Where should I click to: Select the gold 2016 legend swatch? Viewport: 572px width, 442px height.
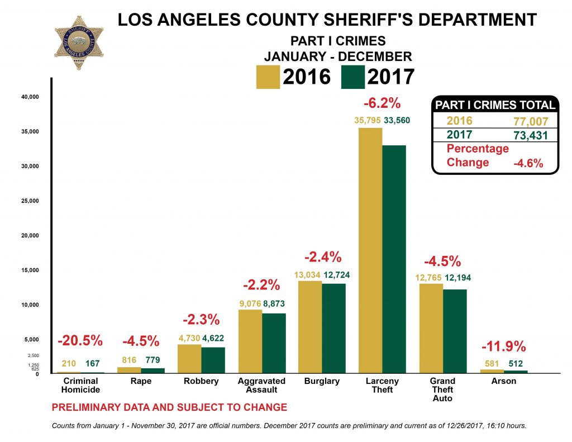click(x=267, y=77)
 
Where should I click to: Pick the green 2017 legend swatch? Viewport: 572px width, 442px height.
click(x=353, y=77)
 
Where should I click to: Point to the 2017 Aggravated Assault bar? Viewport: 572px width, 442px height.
click(x=274, y=343)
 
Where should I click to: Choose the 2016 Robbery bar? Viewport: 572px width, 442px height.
click(x=189, y=359)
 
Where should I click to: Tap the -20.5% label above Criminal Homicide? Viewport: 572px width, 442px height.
click(x=80, y=340)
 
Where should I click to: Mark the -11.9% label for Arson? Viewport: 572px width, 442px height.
click(x=504, y=346)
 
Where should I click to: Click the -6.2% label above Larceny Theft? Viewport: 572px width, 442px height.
click(x=382, y=103)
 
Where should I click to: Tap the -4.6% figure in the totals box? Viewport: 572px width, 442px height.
click(x=528, y=163)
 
